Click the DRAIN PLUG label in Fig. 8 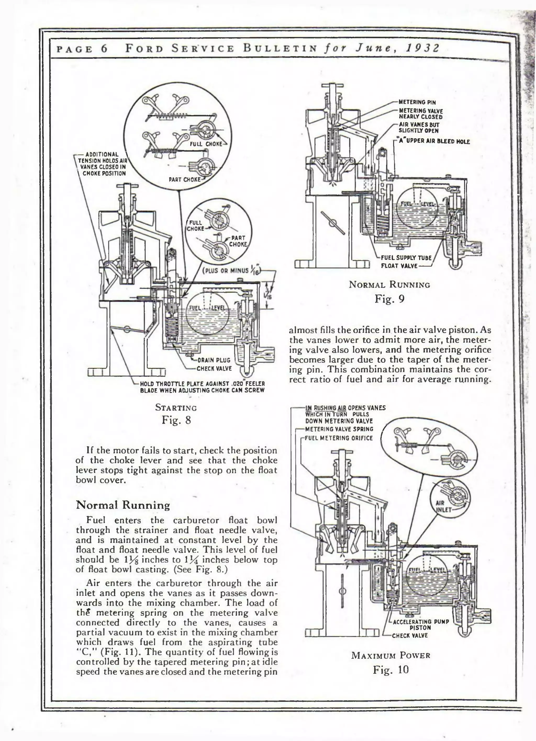point(214,360)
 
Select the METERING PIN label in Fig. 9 point(417,102)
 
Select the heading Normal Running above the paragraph point(123,505)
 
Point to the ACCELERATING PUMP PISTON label point(421,624)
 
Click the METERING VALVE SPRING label point(339,429)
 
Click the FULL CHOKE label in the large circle point(206,144)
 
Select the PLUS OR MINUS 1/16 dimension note point(231,271)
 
